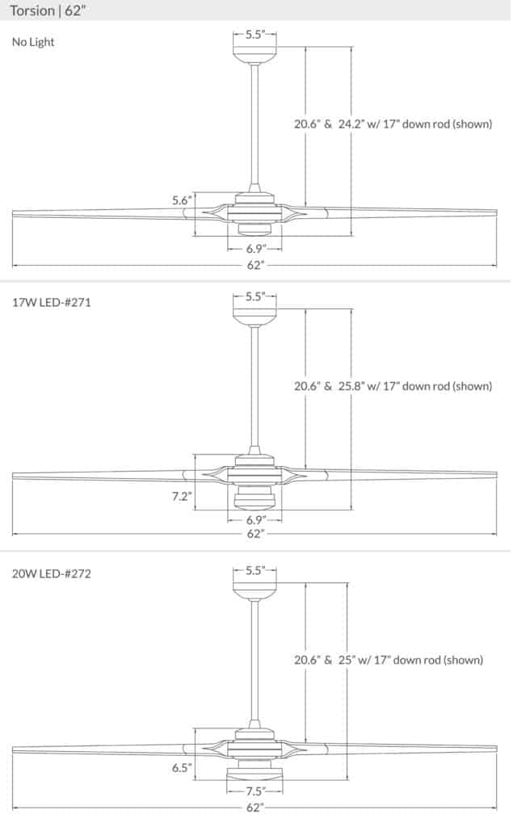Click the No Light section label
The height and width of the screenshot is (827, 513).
click(x=33, y=42)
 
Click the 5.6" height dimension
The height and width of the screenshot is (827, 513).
click(x=181, y=200)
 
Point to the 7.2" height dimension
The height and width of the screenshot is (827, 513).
click(x=181, y=497)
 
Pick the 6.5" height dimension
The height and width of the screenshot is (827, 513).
click(x=181, y=768)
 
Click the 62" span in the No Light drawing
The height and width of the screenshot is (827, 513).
click(x=254, y=265)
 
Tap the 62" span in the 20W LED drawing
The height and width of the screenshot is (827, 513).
click(x=254, y=806)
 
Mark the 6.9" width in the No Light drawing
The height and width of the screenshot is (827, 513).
click(x=254, y=249)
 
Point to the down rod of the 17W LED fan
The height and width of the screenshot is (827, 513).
click(x=254, y=388)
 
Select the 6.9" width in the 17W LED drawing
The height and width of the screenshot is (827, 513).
click(x=254, y=521)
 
